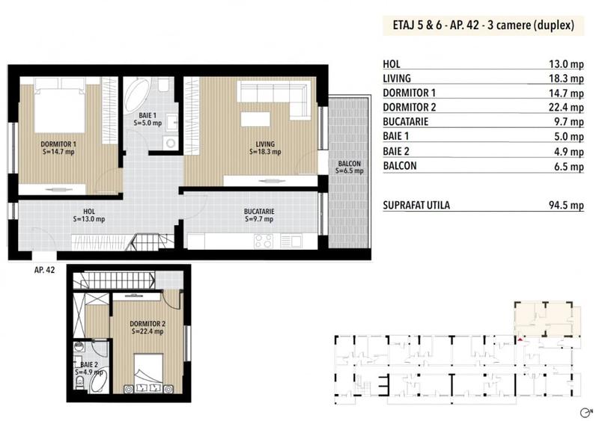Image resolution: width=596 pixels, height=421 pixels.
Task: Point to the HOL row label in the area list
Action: click(390, 64)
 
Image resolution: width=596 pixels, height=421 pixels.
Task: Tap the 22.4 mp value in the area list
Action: click(565, 107)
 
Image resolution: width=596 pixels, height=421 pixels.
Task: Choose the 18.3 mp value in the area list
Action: click(565, 78)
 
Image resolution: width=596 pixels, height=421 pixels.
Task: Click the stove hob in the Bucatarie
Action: click(264, 241)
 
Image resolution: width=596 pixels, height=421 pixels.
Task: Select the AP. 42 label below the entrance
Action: click(44, 270)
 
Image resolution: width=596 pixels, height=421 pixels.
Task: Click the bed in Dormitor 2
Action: click(150, 375)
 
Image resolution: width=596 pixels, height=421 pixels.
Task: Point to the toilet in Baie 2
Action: click(79, 383)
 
